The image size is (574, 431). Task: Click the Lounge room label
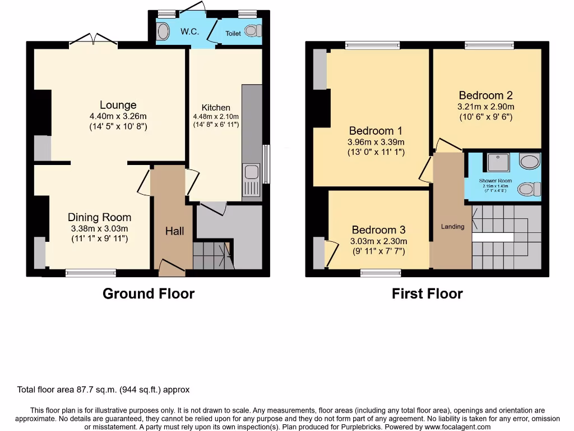pos(118,105)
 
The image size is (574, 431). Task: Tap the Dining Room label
pos(99,217)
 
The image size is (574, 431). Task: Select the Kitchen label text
pos(216,108)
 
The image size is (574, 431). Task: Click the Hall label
pos(174,231)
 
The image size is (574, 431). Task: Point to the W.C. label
pos(189,31)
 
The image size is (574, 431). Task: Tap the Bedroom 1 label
pos(376,131)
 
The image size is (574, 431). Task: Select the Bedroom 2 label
pos(485,95)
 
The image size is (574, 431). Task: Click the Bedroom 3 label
pos(378,230)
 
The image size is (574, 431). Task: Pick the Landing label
pos(452,227)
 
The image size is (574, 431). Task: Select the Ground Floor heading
pos(149,294)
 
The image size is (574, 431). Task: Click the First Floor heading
pos(427,294)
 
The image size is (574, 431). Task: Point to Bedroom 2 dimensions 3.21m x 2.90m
pos(485,107)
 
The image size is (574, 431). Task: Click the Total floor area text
pos(104,389)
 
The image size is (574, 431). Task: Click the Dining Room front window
pos(91,273)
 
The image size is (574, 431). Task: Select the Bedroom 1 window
pos(372,45)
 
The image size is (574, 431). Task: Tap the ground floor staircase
pos(212,255)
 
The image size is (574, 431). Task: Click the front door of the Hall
pos(171,268)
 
